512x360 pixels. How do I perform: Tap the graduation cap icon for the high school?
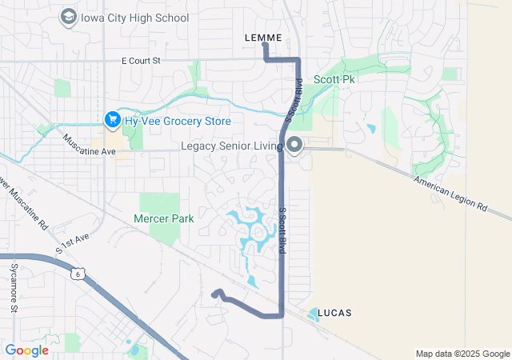[68, 17]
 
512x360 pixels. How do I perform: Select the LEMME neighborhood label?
[263, 37]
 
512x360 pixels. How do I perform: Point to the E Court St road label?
[141, 60]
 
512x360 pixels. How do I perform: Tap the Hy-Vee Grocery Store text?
[177, 121]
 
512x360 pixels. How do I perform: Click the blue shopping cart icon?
[112, 121]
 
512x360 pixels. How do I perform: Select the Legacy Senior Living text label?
[232, 146]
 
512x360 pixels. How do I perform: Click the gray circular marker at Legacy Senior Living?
[294, 146]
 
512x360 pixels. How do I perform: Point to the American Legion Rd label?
[450, 194]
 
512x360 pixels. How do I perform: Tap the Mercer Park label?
[163, 218]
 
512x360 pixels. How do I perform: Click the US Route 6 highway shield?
[77, 274]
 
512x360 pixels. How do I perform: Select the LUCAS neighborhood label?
[334, 312]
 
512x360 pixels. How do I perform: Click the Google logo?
[26, 350]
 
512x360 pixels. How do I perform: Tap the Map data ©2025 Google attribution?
[462, 354]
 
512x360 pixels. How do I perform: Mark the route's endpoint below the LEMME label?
[265, 45]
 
